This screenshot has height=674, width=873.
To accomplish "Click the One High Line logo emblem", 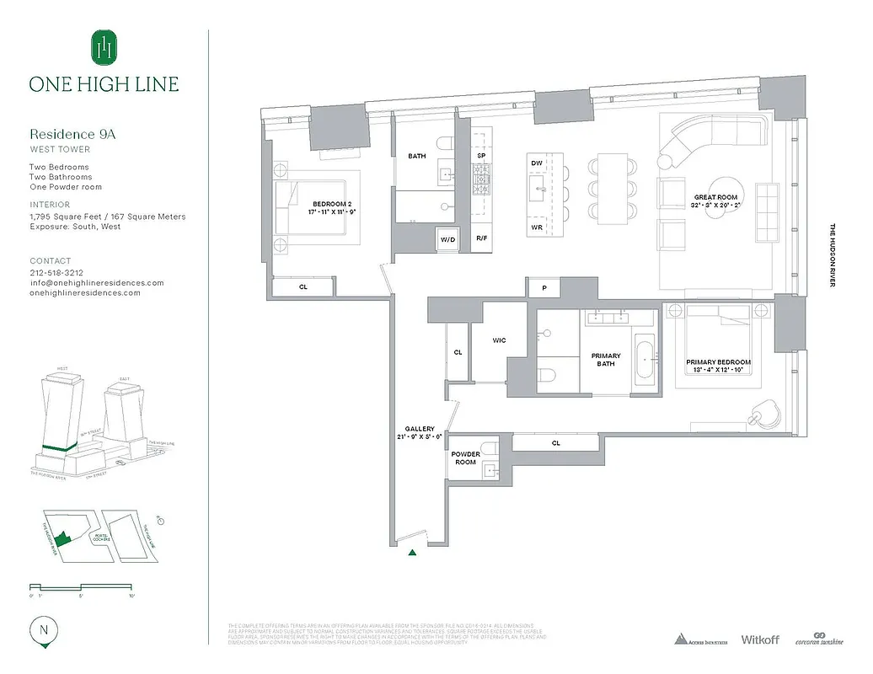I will [104, 47].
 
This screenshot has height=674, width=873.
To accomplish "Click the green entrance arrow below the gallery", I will [412, 553].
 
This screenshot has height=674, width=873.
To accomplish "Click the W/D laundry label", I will [447, 239].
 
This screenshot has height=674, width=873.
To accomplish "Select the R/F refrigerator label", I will [481, 239].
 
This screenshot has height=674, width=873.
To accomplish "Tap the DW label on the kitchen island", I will [536, 163].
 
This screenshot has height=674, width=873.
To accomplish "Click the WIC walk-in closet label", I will [499, 340].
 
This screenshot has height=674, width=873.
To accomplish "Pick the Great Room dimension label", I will [715, 201].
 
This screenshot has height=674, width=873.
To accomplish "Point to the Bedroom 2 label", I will [331, 208].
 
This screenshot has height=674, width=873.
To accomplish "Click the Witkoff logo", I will [759, 639].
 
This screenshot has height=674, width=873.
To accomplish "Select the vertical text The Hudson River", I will [833, 255].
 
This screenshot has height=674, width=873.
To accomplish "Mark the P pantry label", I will [544, 288].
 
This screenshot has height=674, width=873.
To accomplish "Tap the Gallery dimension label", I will [419, 433].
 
